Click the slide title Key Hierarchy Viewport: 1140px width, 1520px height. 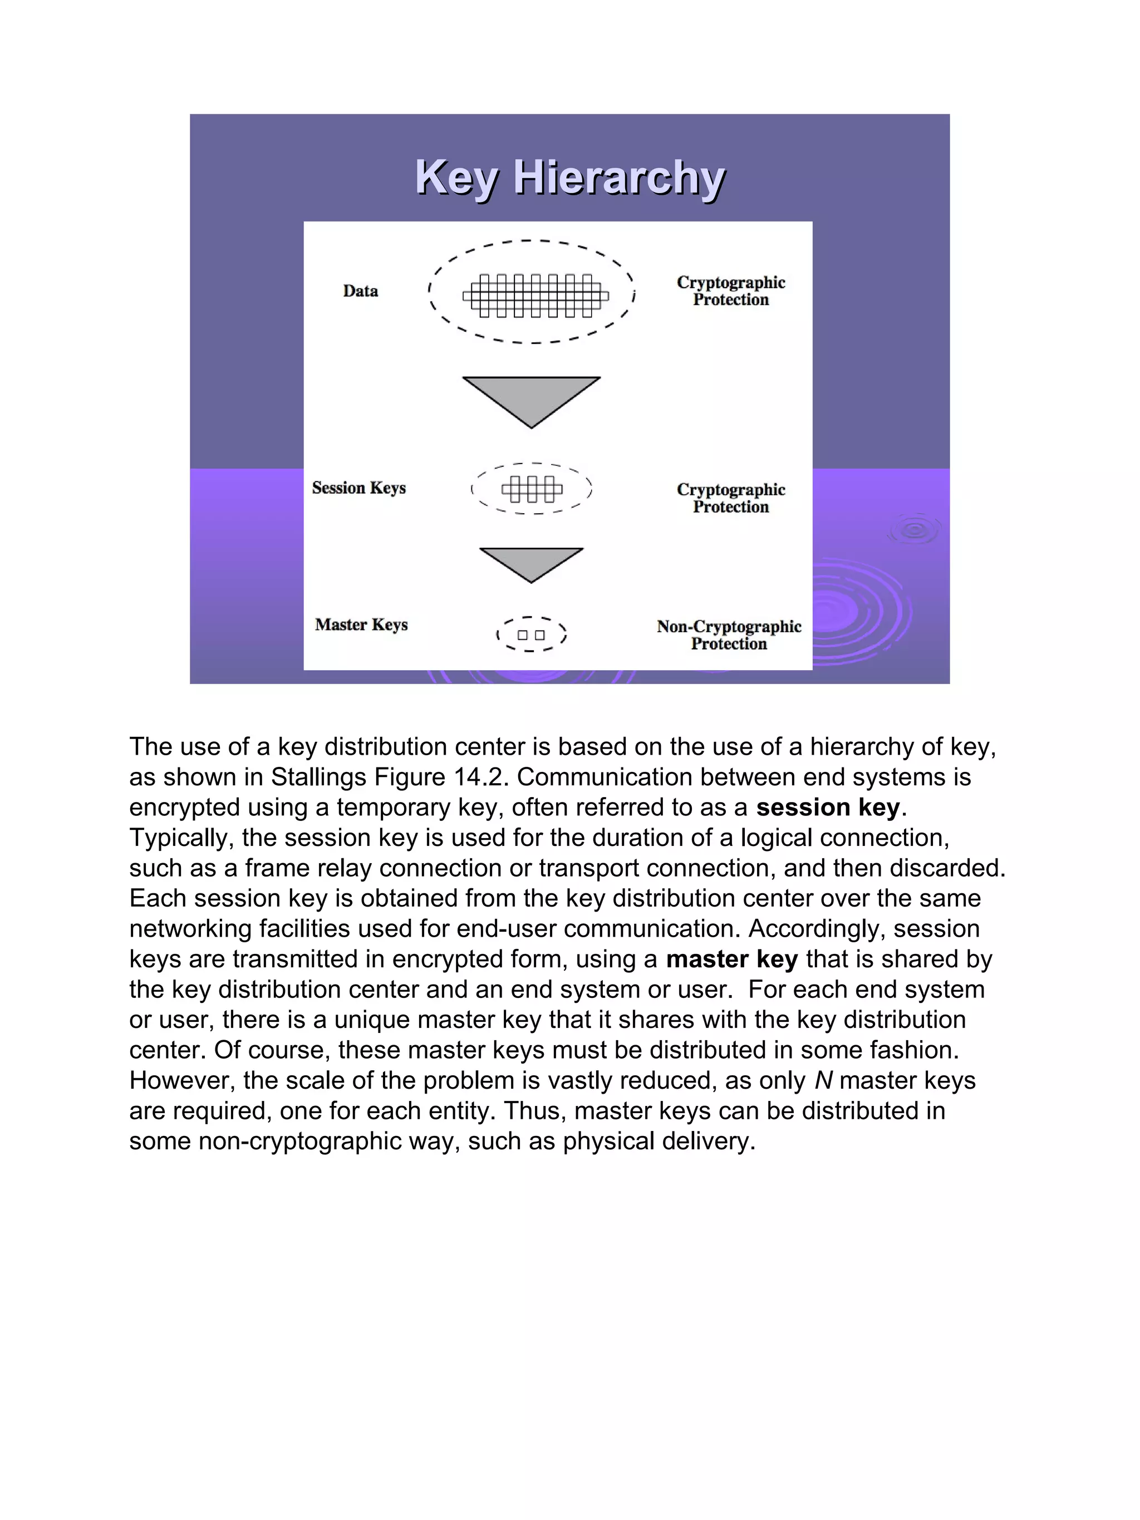click(x=569, y=178)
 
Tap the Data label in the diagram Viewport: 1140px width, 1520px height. click(x=360, y=291)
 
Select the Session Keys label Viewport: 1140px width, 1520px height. click(x=358, y=488)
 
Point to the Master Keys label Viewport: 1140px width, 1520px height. click(x=361, y=624)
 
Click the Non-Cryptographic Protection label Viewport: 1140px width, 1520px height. click(x=729, y=635)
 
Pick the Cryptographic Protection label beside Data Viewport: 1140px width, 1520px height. click(x=730, y=291)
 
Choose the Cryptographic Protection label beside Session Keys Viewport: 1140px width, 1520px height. click(x=730, y=498)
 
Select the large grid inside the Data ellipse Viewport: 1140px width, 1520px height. click(x=535, y=296)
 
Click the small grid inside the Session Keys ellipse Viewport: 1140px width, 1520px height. click(x=532, y=489)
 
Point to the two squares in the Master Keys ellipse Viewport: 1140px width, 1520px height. click(x=531, y=635)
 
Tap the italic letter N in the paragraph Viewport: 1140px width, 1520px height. click(x=823, y=1081)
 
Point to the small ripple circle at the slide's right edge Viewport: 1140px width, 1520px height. click(x=915, y=530)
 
